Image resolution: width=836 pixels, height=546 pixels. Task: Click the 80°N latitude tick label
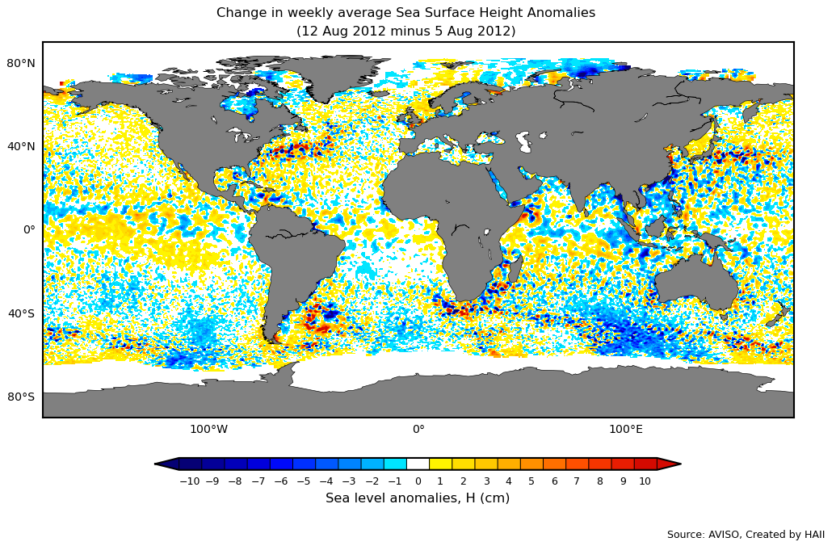click(x=21, y=63)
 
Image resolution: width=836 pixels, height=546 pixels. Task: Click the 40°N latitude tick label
click(x=21, y=146)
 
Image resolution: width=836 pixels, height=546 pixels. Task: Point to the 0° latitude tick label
click(x=29, y=229)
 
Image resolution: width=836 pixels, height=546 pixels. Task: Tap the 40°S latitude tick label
click(x=21, y=313)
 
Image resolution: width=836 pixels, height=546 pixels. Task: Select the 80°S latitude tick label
click(x=21, y=397)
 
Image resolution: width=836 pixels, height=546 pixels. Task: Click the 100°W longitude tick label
click(x=208, y=429)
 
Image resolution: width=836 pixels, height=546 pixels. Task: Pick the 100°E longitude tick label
click(x=626, y=429)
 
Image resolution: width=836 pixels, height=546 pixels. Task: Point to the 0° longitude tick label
click(x=418, y=429)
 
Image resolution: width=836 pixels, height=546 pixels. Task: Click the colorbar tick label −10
click(x=189, y=481)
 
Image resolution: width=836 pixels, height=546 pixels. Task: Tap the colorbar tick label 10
click(x=645, y=481)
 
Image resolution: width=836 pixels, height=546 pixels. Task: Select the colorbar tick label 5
click(x=531, y=481)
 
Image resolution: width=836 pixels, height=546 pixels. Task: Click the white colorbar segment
click(x=418, y=464)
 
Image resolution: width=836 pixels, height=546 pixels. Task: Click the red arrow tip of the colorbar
click(x=670, y=464)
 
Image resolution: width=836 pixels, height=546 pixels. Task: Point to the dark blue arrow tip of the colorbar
click(x=166, y=464)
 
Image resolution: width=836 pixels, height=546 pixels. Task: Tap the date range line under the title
click(x=405, y=31)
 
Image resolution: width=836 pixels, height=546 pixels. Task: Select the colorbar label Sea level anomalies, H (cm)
click(x=418, y=498)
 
